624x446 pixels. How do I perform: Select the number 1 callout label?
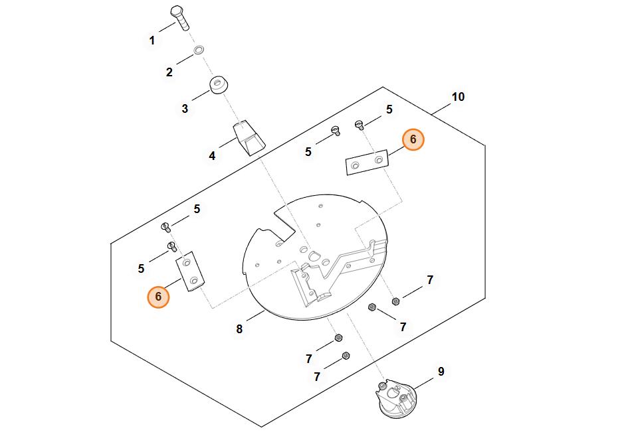(x=152, y=40)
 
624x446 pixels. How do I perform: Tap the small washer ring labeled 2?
(x=199, y=50)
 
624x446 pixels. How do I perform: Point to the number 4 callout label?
(x=212, y=156)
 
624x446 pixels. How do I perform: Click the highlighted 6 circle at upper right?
(x=413, y=139)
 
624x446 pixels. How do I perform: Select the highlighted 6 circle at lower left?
(x=158, y=297)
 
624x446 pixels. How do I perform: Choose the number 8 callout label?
(x=239, y=329)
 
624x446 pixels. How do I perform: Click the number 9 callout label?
(x=441, y=372)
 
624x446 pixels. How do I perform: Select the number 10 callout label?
(x=458, y=97)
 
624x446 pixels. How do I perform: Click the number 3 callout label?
(x=185, y=108)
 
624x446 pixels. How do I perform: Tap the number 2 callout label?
(x=169, y=72)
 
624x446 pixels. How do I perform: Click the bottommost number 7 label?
(x=317, y=376)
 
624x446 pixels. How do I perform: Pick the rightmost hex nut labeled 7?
(x=396, y=301)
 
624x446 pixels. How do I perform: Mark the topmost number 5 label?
(x=389, y=110)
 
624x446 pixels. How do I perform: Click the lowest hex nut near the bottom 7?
(x=346, y=356)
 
